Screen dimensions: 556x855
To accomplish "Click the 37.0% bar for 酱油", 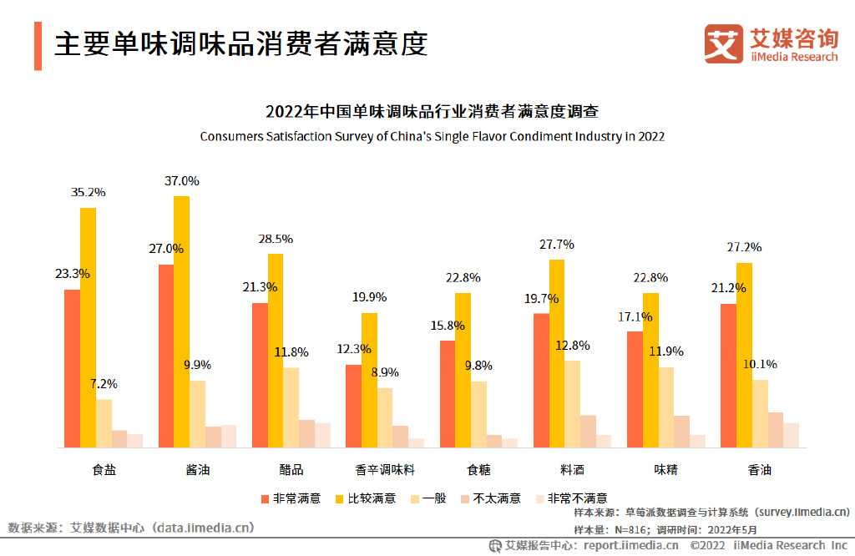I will (181, 321).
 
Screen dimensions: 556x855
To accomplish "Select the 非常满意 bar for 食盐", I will (72, 368).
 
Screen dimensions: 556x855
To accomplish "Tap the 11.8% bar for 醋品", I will (291, 407).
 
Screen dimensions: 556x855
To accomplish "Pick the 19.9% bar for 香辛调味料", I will (369, 380).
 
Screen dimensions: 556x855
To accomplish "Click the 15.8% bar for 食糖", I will (448, 393).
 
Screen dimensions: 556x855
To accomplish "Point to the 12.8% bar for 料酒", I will (572, 404).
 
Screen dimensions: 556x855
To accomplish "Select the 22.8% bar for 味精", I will (650, 370).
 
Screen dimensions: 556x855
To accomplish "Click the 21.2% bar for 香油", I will (728, 376).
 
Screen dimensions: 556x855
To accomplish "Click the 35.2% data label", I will (88, 192).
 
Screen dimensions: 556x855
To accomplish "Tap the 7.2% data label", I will (104, 384).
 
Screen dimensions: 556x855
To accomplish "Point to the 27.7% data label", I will (557, 245).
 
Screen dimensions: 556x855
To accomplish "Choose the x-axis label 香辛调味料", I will (385, 470).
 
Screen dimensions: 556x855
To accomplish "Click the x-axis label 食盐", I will (104, 470).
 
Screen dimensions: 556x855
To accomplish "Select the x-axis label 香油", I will (760, 470).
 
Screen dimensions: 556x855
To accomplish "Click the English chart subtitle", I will (432, 136).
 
